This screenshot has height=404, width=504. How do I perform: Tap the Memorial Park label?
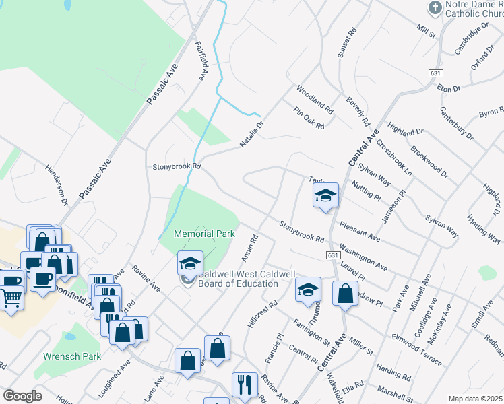(204, 234)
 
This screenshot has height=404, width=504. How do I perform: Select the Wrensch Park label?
(71, 356)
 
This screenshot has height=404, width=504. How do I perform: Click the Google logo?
(22, 396)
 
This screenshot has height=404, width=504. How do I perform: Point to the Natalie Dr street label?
(253, 134)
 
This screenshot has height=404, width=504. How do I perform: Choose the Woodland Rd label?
(315, 99)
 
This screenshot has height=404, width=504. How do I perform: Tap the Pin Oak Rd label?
(309, 117)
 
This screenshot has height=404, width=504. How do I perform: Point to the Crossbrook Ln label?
(394, 158)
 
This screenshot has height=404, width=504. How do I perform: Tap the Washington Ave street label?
(363, 257)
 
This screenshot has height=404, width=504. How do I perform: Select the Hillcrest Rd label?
(263, 314)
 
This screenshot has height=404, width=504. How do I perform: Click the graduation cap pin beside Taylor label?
(325, 196)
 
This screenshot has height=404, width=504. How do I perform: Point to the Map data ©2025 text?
(475, 399)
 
